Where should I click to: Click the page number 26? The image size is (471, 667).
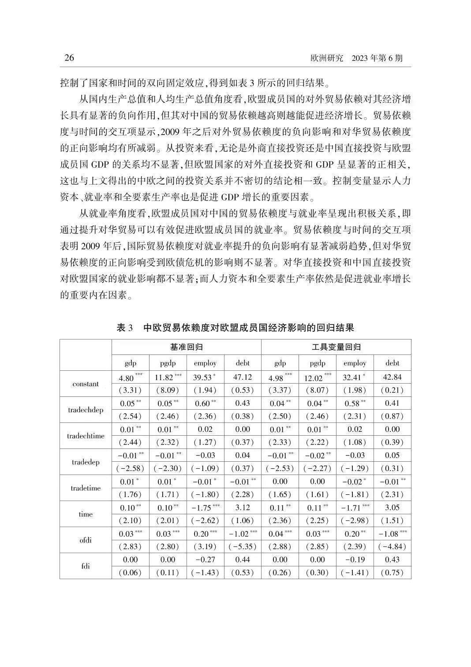pyautogui.click(x=69, y=58)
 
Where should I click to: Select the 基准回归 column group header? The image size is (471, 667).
pyautogui.click(x=186, y=347)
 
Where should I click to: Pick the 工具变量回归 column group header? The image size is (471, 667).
pyautogui.click(x=336, y=347)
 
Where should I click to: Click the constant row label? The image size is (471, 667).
pyautogui.click(x=86, y=384)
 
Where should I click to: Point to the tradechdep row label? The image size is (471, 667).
pyautogui.click(x=86, y=410)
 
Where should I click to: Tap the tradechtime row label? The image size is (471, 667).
pyautogui.click(x=86, y=436)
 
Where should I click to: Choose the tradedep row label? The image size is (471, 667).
pyautogui.click(x=86, y=462)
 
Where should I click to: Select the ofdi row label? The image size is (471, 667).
pyautogui.click(x=86, y=540)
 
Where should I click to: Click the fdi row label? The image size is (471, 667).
pyautogui.click(x=86, y=566)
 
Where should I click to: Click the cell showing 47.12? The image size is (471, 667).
pyautogui.click(x=243, y=377)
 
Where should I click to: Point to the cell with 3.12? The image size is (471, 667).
pyautogui.click(x=243, y=507)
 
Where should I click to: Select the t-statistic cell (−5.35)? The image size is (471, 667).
pyautogui.click(x=243, y=546)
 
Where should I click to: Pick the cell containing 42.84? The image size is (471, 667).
pyautogui.click(x=392, y=377)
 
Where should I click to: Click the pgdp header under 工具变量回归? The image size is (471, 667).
pyautogui.click(x=317, y=363)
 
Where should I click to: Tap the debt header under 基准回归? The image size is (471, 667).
pyautogui.click(x=243, y=363)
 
